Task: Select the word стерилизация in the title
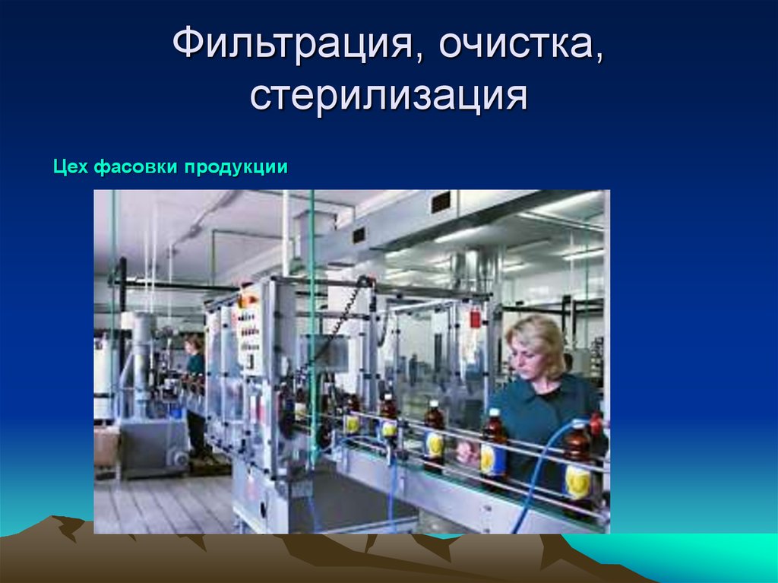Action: [x=388, y=97]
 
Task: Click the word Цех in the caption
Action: [x=71, y=167]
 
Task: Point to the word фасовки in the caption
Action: [x=134, y=167]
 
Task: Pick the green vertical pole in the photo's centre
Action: [x=312, y=319]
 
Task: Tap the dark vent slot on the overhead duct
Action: [x=441, y=202]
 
